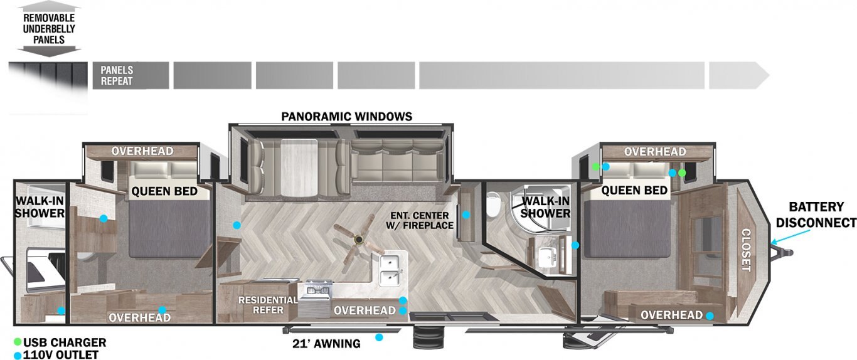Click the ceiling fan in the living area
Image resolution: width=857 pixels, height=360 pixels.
pos(359,240)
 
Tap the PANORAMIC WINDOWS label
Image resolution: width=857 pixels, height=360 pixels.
pos(346,116)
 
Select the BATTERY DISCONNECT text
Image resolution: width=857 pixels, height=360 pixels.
pos(816,214)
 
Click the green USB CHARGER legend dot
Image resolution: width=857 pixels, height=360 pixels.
pos(17,342)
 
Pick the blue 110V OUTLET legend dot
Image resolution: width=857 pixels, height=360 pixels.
pos(17,354)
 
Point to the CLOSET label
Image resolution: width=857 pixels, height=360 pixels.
pos(746,250)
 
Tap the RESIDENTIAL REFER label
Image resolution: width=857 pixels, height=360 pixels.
pos(268,305)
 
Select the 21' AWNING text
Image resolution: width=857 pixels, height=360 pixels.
pos(326,344)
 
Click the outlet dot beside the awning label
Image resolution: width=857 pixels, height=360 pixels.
pos(379,337)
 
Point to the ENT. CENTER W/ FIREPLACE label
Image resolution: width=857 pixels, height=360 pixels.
pos(420,220)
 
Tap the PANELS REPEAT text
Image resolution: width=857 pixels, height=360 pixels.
pos(117,75)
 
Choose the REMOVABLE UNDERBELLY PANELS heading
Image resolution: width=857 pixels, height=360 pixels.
pos(49,29)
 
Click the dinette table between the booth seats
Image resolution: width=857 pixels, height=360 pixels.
pos(299,167)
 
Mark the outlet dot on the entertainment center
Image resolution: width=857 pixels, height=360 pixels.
pos(466,215)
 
